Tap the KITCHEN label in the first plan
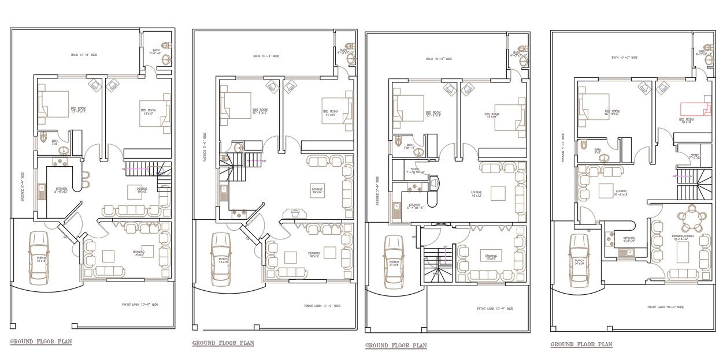pyautogui.click(x=61, y=190)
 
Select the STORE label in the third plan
pyautogui.click(x=414, y=170)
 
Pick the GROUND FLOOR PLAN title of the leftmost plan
pyautogui.click(x=41, y=342)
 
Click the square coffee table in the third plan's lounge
pyautogui.click(x=498, y=193)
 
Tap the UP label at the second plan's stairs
pyautogui.click(x=264, y=161)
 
